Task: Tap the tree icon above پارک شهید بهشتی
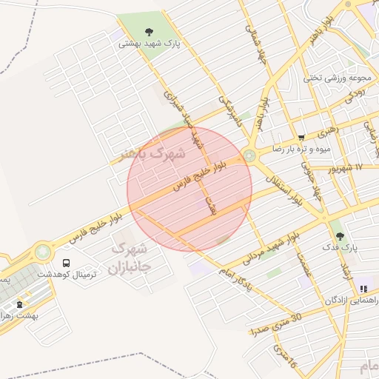pyautogui.click(x=149, y=32)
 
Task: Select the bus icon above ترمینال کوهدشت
pyautogui.click(x=67, y=263)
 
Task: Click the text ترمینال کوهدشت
pyautogui.click(x=67, y=274)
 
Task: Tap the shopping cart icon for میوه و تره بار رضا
pyautogui.click(x=301, y=138)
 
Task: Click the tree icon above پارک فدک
pyautogui.click(x=340, y=236)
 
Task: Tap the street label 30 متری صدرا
pyautogui.click(x=277, y=323)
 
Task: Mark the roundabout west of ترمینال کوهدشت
pyautogui.click(x=43, y=252)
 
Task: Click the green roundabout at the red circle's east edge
pyautogui.click(x=249, y=155)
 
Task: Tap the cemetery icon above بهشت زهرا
pyautogui.click(x=19, y=303)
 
